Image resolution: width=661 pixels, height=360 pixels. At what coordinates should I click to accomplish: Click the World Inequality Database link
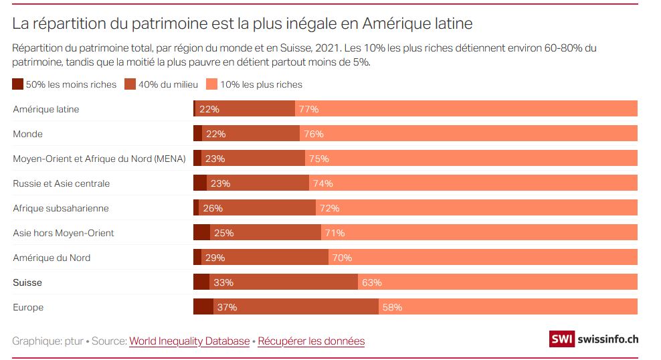189,341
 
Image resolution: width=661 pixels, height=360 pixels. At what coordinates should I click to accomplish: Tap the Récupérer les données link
311,341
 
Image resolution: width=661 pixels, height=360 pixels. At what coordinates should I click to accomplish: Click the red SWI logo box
561,339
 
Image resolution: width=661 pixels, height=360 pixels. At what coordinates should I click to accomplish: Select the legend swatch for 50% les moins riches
18,84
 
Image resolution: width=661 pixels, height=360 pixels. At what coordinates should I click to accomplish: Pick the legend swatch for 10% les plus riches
211,84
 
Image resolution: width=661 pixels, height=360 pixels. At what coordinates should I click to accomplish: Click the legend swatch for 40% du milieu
130,84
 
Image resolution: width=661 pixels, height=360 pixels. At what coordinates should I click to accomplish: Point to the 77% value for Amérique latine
309,109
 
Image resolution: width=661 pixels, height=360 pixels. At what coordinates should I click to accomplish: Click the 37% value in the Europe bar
227,307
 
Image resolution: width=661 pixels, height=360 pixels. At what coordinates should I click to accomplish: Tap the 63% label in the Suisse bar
371,282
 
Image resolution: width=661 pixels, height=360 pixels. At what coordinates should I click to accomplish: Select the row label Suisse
27,282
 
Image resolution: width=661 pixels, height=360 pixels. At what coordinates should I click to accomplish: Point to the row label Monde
27,134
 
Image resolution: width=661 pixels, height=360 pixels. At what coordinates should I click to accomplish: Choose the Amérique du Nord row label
52,258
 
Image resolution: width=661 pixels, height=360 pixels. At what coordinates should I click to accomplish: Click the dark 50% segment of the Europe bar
203,307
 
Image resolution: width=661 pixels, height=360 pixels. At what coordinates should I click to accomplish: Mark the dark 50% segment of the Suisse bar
201,282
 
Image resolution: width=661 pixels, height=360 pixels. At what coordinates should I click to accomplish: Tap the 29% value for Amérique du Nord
215,258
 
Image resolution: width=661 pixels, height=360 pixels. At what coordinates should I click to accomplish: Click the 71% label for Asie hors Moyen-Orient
335,233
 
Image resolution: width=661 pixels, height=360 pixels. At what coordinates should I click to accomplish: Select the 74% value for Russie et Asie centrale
322,183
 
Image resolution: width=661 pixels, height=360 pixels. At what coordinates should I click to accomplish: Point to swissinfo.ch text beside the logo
605,339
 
